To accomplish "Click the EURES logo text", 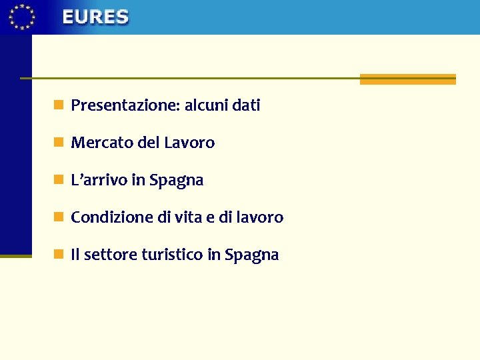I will point(95,17).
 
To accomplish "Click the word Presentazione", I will point(125,105).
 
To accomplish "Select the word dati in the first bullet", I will point(246,105).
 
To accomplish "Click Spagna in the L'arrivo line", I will point(177,181).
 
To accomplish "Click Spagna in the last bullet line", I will point(252,255).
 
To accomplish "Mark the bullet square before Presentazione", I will point(59,105).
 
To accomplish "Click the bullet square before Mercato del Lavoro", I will point(59,142).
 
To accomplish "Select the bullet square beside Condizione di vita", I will point(59,217).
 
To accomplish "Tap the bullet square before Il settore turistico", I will point(59,254).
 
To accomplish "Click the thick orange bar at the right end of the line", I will point(407,79).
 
